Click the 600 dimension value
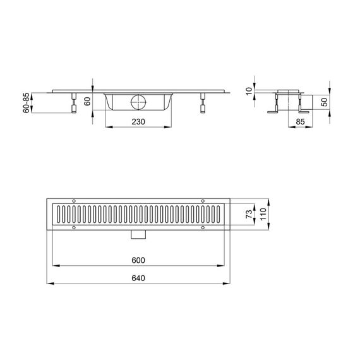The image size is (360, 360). (138, 260)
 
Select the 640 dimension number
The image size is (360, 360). (138, 278)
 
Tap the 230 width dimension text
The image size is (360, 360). (138, 122)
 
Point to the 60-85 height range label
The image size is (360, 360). (26, 102)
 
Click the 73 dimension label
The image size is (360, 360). (249, 214)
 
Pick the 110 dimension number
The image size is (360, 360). (263, 214)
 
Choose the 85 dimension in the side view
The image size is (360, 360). (300, 122)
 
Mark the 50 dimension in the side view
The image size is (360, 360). (324, 102)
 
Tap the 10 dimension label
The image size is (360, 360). (249, 91)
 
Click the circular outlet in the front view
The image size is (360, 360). (138, 102)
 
